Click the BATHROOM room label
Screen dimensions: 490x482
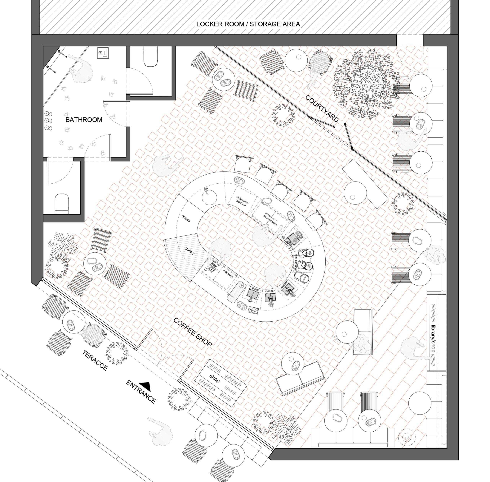point(84,120)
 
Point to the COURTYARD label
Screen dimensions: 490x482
point(322,108)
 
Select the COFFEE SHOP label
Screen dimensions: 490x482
point(193,332)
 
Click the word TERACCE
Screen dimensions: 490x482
point(95,360)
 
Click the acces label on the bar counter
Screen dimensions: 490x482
point(186,218)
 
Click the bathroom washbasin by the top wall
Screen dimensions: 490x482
point(103,53)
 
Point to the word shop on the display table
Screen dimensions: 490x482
point(214,379)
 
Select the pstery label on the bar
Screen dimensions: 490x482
point(190,251)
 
